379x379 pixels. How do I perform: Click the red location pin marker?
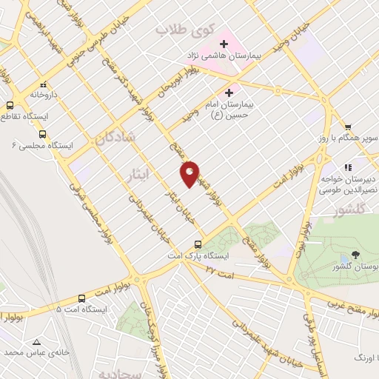[189, 174]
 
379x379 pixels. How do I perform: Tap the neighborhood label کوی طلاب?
[185, 30]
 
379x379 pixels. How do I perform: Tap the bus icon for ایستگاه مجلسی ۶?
[42, 134]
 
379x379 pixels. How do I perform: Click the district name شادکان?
[115, 137]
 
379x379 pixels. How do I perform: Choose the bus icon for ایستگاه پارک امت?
[198, 244]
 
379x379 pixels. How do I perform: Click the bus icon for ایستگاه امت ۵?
[81, 298]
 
